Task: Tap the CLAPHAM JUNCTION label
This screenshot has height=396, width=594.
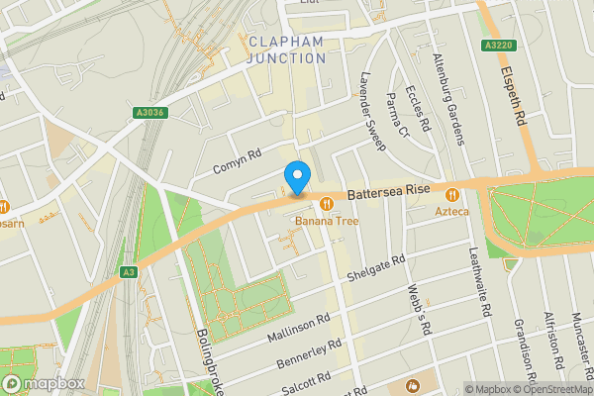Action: click(286, 49)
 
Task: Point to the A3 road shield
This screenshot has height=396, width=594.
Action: click(129, 271)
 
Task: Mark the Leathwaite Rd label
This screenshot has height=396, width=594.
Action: click(479, 282)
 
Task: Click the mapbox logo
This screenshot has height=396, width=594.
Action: click(43, 383)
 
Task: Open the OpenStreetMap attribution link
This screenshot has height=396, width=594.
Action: click(550, 389)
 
